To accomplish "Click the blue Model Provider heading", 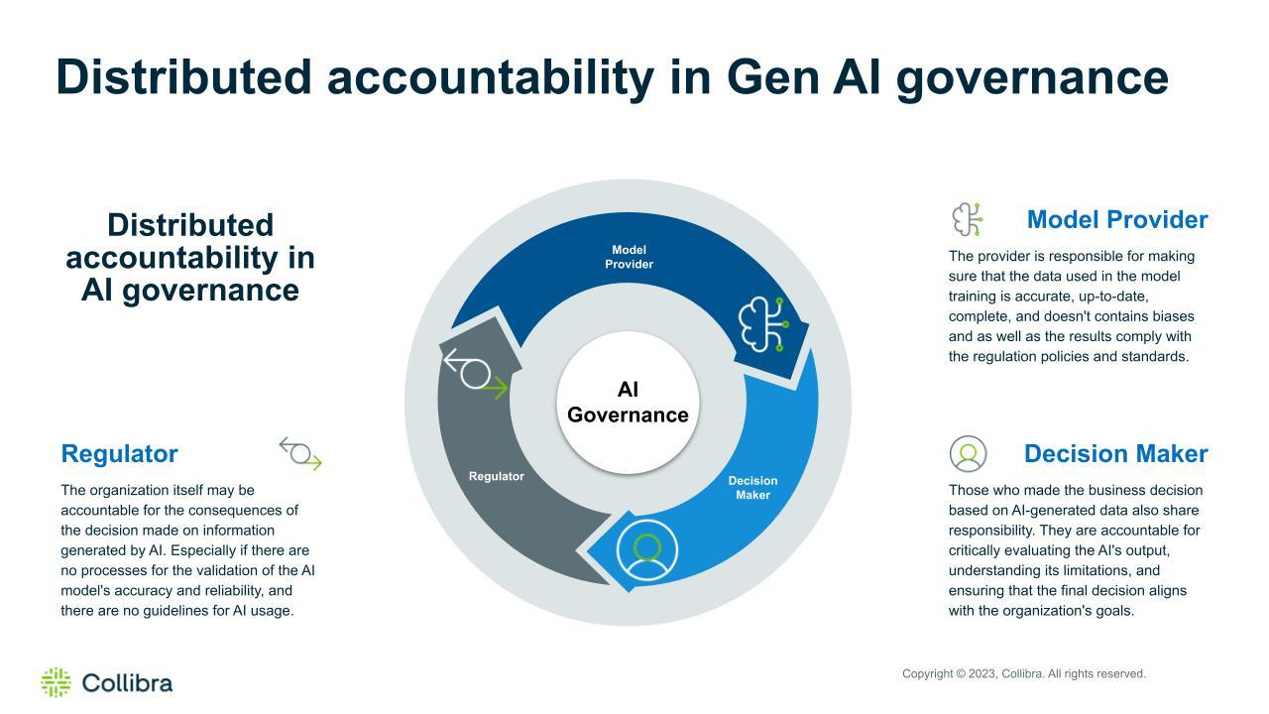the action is point(1117,220).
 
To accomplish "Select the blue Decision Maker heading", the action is point(1116,454).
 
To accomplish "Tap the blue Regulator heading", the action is point(119,454).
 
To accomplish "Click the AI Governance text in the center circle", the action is point(628,403).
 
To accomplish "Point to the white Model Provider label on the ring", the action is point(629,257).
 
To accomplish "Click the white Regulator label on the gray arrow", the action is point(497,477).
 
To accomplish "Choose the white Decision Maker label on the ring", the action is point(752,487).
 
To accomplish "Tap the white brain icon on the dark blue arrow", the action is point(763,324).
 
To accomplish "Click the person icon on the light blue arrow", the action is point(647,550).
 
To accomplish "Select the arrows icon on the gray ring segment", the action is point(476,374).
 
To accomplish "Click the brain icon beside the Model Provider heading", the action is point(967,219).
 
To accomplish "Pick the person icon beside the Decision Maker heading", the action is point(968,454).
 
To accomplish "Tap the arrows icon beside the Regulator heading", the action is point(300,453).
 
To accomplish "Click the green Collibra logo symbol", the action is point(57,682).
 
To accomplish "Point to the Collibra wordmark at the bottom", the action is point(127,683).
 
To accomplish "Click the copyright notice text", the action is point(1024,673).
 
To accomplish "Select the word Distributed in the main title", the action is point(184,77).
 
